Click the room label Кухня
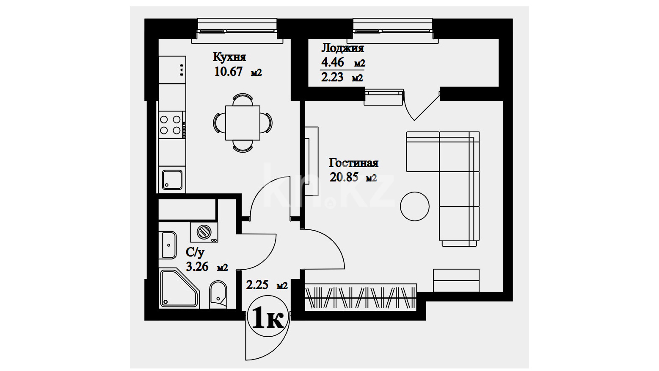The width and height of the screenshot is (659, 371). point(229,57)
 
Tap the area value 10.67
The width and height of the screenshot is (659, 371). point(228,72)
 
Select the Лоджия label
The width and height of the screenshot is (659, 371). point(342,48)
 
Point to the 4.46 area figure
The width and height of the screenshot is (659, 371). point(332,62)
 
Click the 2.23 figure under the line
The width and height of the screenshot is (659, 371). point(332,77)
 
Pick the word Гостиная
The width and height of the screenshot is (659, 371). point(353,163)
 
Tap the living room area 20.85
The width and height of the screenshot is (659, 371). point(344,177)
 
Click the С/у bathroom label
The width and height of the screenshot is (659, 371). point(195,252)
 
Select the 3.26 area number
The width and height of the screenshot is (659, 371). point(197,267)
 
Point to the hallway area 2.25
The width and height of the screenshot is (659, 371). point(257,285)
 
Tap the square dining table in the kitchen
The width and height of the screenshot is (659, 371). point(243,123)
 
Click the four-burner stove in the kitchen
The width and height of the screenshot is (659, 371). point(171,125)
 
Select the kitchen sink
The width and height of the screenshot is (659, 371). point(172,180)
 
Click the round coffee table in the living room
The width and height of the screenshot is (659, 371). point(415,206)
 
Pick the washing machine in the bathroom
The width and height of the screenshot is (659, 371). point(204,232)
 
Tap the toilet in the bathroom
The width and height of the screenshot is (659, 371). point(218,294)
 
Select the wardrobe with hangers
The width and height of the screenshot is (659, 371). point(361,297)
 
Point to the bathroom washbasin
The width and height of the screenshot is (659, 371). point(168,245)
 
